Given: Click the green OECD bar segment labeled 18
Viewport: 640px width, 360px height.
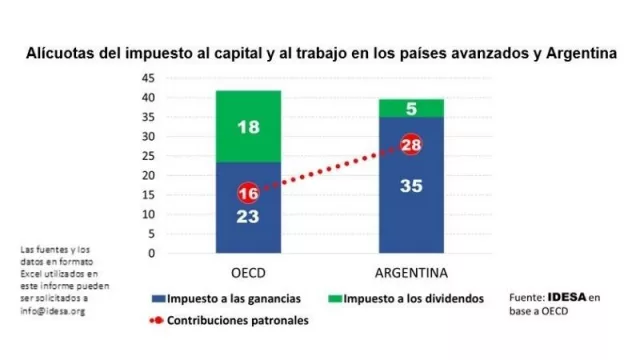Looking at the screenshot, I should [249, 127].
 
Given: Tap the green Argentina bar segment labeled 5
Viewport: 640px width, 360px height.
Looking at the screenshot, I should [410, 108].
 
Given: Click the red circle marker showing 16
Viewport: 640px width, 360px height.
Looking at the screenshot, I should [249, 193].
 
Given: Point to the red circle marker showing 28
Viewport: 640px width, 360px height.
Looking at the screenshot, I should [410, 146].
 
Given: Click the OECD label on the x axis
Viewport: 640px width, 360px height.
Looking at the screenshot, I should [249, 273].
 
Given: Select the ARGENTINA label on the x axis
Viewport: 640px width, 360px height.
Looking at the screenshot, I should [410, 273].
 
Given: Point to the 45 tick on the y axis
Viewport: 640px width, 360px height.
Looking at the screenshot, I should [147, 78].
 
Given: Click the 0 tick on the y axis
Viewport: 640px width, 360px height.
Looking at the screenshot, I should [150, 253].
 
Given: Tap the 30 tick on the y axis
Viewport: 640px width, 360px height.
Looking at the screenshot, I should [147, 136].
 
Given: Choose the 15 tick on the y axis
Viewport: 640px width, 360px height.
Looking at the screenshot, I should [147, 195].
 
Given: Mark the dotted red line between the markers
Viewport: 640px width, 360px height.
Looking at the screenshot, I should [330, 170].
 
